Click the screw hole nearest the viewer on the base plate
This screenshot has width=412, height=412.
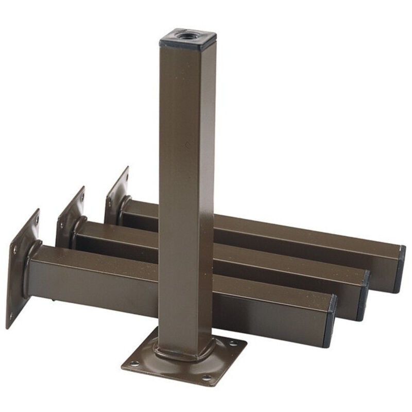pyautogui.click(x=207, y=378)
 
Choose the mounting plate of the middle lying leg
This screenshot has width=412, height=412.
pyautogui.click(x=70, y=216)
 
